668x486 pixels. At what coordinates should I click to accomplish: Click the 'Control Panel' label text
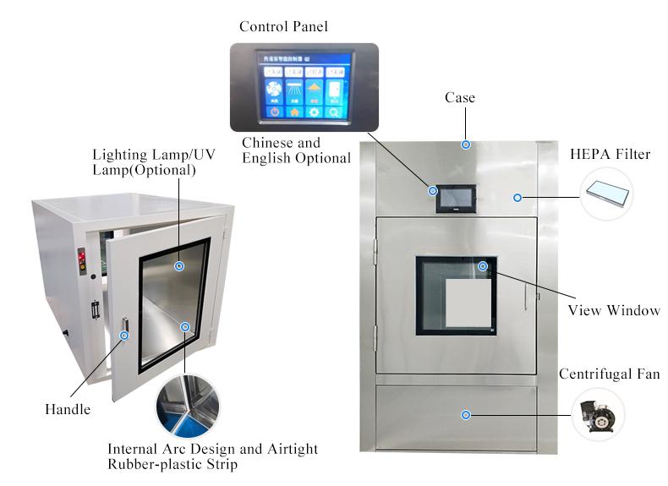point(283,26)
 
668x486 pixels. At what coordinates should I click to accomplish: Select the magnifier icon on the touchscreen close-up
point(335,112)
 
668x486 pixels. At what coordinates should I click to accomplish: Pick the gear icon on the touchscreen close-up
point(315,112)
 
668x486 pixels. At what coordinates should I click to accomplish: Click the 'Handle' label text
point(67,410)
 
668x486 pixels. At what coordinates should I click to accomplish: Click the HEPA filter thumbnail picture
point(608,193)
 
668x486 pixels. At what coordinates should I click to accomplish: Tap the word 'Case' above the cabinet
point(460,98)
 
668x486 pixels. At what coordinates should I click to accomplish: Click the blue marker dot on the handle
point(124,336)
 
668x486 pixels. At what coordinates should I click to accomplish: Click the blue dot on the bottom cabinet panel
point(464,414)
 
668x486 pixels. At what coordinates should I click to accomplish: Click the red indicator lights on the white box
point(82,257)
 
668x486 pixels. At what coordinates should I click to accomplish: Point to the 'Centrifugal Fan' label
point(609,374)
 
